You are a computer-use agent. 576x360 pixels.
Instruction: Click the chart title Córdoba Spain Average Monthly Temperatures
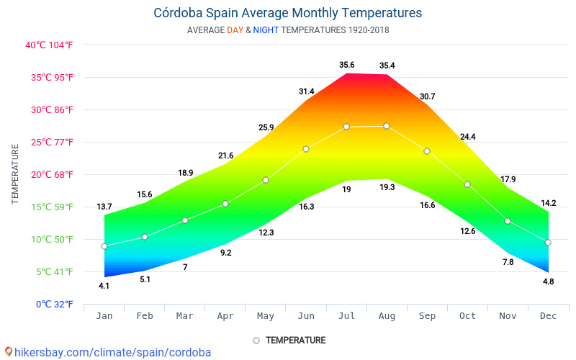tap(288, 13)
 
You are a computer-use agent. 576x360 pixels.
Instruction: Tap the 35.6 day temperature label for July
tap(347, 66)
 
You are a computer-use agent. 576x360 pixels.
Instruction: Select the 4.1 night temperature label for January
tap(104, 286)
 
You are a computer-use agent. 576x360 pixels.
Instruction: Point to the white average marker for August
tap(387, 126)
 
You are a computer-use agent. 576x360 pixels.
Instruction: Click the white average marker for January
tap(104, 246)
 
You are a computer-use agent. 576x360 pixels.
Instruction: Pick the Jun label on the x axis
tap(306, 315)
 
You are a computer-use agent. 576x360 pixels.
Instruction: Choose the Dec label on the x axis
tap(548, 315)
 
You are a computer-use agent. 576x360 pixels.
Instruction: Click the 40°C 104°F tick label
tap(50, 45)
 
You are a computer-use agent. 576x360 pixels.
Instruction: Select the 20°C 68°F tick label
tap(50, 174)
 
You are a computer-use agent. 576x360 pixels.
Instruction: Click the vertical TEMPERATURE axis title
tap(15, 174)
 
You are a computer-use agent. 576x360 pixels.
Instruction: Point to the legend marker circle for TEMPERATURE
tap(256, 340)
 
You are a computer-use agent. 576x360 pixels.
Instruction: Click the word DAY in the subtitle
tap(235, 30)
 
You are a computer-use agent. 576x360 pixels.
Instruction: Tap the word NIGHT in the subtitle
tap(266, 30)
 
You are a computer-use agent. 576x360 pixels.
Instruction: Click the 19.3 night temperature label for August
tap(387, 187)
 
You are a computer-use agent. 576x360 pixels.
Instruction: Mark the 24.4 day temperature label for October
tap(468, 137)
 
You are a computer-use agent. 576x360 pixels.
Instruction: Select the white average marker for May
tap(266, 180)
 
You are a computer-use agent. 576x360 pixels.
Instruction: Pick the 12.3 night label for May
tap(266, 233)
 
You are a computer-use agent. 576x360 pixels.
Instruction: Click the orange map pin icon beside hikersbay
tap(8, 351)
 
